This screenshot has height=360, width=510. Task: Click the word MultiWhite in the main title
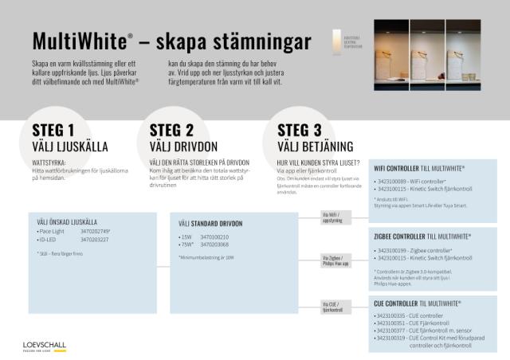coord(78,41)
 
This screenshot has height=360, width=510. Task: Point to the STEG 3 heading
coord(300,131)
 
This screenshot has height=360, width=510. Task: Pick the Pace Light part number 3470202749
coord(96,231)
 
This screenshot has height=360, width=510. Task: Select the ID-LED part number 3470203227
coord(95,239)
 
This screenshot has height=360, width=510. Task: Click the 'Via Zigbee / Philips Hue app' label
coord(338,260)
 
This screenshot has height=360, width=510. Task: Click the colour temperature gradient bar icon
coord(336,41)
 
